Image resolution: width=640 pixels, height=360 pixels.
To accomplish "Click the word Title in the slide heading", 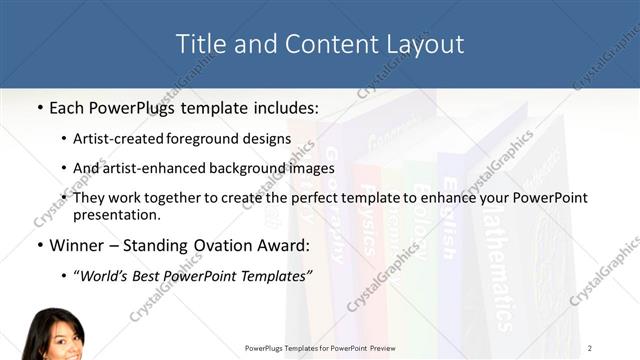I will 199,44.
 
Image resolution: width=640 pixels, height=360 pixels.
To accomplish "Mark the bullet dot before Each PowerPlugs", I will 39,106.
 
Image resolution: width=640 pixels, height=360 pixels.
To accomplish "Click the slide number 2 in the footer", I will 590,347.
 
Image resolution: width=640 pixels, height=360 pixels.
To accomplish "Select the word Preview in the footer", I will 378,347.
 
